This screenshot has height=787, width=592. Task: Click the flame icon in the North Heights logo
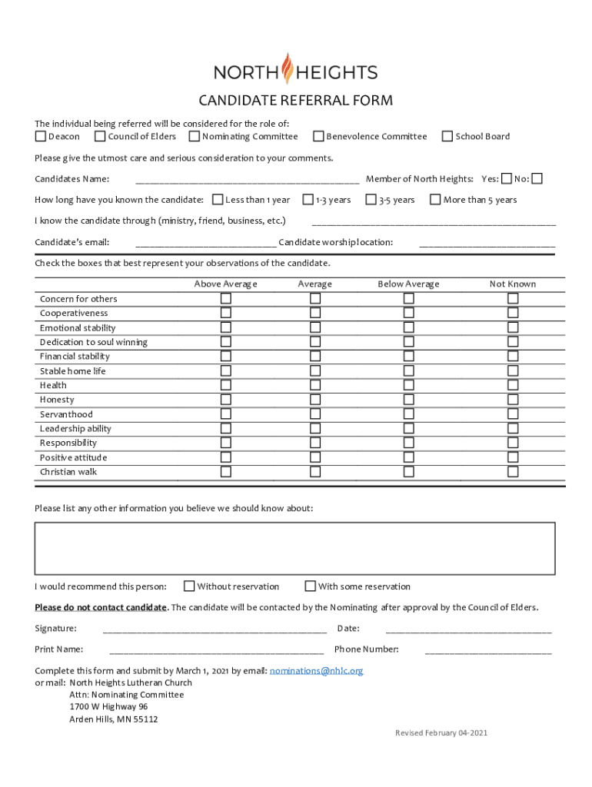288,68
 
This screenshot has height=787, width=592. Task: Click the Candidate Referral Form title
296,101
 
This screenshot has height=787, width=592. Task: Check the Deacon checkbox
41,137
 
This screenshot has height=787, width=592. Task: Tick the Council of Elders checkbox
100,137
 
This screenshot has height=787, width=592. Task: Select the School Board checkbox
447,137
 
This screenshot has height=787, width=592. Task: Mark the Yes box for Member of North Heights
506,179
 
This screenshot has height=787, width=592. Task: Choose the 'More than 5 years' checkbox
435,200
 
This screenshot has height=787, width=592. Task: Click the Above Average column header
225,284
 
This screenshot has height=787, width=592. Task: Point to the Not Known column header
513,284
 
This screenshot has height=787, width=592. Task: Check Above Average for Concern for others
226,298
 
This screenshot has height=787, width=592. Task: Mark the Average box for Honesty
315,400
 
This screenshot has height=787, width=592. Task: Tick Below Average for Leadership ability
409,429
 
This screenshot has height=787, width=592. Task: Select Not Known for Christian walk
513,472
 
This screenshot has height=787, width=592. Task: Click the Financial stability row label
75,357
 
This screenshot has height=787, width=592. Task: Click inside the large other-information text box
294,548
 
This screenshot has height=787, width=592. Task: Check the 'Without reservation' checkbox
189,586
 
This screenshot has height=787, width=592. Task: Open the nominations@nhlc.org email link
316,670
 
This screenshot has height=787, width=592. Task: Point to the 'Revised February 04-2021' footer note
441,733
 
